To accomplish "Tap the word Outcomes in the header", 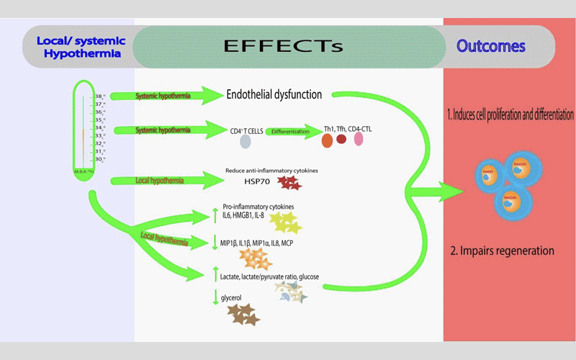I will click(491, 47).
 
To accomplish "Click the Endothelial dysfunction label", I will click(274, 94).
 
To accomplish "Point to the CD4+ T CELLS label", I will click(245, 130).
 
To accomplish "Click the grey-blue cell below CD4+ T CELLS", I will click(246, 143).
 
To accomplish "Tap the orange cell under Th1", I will click(327, 140).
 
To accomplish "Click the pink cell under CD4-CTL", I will click(359, 139).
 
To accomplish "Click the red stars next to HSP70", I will click(290, 183).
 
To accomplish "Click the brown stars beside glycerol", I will click(243, 313).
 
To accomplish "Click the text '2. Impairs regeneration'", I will click(502, 251).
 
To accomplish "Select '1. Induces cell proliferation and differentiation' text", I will click(509, 114).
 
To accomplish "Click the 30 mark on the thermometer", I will click(100, 159).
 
